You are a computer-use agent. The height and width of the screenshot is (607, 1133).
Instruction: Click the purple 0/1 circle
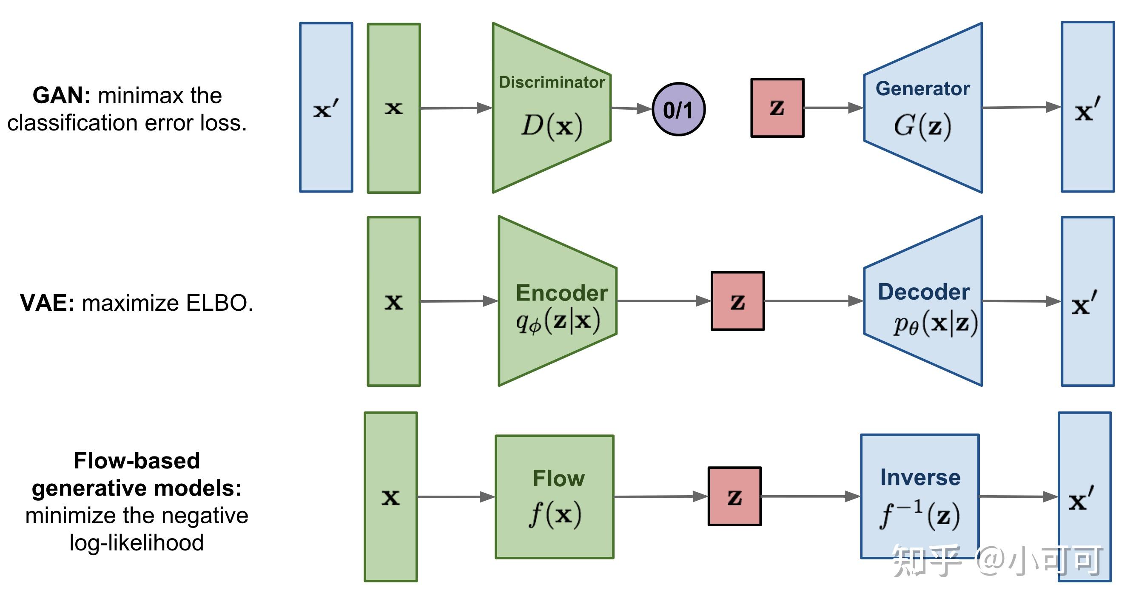pyautogui.click(x=678, y=109)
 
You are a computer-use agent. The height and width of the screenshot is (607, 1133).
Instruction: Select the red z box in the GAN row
pyautogui.click(x=777, y=108)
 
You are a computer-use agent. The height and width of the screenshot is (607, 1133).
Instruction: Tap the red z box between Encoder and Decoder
pyautogui.click(x=737, y=301)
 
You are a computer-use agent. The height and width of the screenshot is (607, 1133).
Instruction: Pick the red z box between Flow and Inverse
pyautogui.click(x=734, y=496)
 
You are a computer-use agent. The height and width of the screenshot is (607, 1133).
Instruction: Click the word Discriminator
pyautogui.click(x=552, y=82)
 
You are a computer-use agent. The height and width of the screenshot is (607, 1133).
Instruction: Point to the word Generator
pyautogui.click(x=922, y=89)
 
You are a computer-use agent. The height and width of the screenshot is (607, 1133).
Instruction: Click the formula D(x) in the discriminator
pyautogui.click(x=552, y=126)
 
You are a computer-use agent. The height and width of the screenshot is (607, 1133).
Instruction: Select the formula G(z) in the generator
pyautogui.click(x=922, y=126)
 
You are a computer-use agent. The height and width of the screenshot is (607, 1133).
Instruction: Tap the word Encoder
pyautogui.click(x=561, y=293)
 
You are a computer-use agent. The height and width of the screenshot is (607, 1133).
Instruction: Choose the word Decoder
pyautogui.click(x=924, y=292)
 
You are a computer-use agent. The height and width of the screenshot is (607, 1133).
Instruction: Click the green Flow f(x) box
pyautogui.click(x=554, y=496)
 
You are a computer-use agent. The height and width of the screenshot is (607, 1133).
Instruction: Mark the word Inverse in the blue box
pyautogui.click(x=920, y=478)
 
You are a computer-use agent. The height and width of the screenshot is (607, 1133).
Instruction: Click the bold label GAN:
pyautogui.click(x=62, y=95)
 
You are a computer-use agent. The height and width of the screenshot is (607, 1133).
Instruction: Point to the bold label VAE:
pyautogui.click(x=47, y=303)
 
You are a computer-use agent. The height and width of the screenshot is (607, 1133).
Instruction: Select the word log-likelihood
pyautogui.click(x=137, y=543)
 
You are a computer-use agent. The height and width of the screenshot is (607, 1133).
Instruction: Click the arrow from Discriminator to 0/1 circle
pyautogui.click(x=631, y=108)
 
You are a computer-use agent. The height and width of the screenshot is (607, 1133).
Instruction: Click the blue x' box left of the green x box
pyautogui.click(x=326, y=108)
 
